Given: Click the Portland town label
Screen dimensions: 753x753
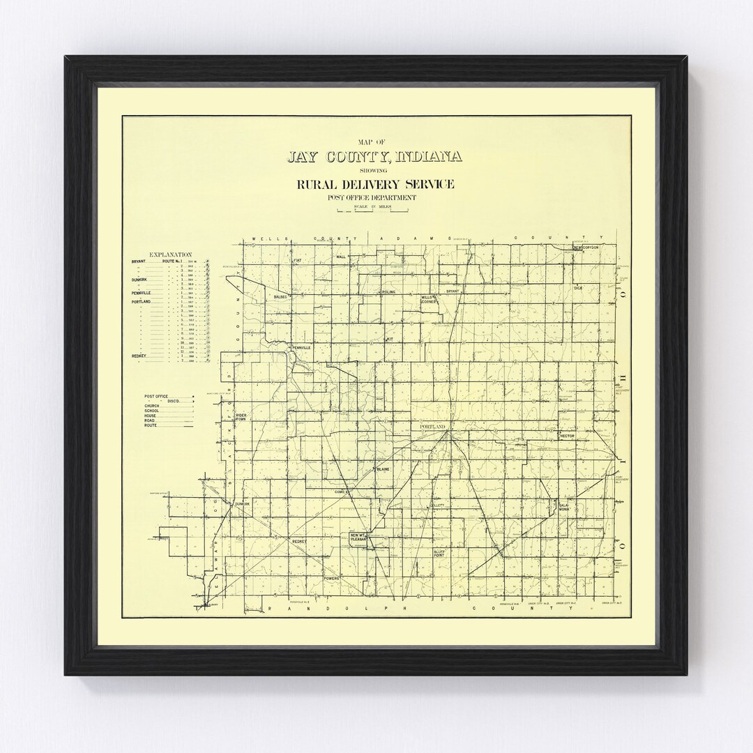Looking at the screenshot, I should (432, 425).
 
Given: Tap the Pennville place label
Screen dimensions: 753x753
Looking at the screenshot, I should (301, 347).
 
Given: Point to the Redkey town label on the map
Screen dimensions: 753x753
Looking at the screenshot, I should (300, 541).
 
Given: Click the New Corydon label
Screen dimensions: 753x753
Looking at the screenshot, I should (586, 248).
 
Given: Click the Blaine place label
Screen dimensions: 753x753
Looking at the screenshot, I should (383, 469).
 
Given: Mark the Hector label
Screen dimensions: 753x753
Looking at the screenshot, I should (566, 435).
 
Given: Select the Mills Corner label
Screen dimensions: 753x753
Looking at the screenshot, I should (427, 300).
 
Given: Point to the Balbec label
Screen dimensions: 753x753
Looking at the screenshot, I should (280, 296).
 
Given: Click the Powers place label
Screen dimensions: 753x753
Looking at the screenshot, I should (332, 579).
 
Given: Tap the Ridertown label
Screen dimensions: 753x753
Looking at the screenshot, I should (241, 417).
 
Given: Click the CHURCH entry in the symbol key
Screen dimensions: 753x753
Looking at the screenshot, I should (152, 406).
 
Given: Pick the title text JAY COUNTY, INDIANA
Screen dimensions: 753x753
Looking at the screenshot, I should (374, 156).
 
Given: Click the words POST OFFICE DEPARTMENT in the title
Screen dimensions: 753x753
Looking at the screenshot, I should (374, 198).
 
